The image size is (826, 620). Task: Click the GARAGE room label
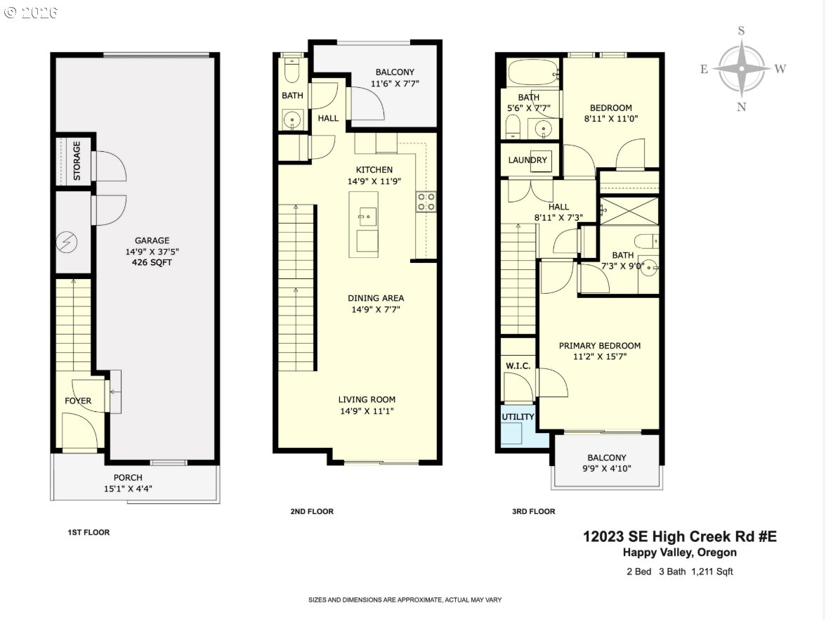coord(152,240)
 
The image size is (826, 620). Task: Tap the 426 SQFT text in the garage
coord(152,263)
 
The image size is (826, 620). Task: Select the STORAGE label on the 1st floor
coord(77,160)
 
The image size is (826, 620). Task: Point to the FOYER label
coord(78,401)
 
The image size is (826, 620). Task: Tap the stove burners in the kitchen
coord(426,202)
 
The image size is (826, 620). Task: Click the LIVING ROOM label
coord(366,399)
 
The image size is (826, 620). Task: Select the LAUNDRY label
coord(527,160)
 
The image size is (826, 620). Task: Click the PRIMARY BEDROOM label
coord(599,346)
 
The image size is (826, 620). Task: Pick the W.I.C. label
coord(518,366)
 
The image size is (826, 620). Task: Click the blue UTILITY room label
coord(518,417)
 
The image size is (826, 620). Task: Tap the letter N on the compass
coord(741,106)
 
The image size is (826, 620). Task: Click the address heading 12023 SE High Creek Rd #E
coord(679,537)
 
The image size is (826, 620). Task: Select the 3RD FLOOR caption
coord(533,512)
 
